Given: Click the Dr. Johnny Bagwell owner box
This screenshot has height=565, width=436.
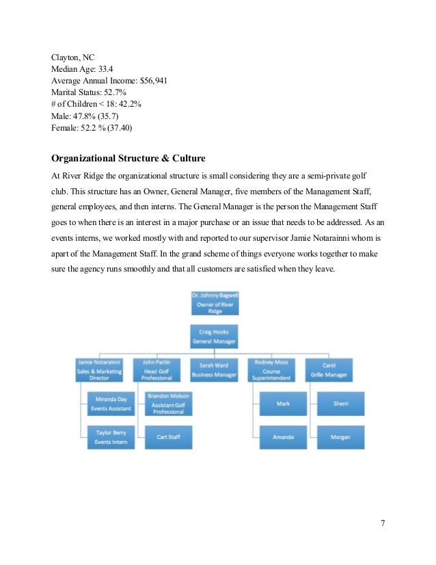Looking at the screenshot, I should click(x=215, y=302).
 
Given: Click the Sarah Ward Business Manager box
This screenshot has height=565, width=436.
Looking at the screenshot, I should click(x=215, y=368).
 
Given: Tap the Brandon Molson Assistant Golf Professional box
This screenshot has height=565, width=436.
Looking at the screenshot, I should click(x=168, y=404).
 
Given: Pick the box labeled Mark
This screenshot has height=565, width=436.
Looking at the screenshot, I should click(x=283, y=404).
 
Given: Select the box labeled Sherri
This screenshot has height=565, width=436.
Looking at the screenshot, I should click(x=340, y=404).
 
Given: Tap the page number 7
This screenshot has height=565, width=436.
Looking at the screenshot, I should click(x=383, y=523).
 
